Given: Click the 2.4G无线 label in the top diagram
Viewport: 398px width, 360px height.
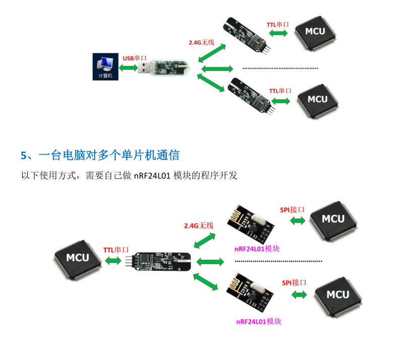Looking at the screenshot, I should tap(202, 42).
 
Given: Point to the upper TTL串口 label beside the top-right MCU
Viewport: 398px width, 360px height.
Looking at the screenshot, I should tap(278, 24).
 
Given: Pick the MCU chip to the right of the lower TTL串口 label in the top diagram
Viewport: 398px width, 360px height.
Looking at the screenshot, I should tap(317, 99).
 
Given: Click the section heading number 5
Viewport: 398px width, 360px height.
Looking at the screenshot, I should tap(23, 155).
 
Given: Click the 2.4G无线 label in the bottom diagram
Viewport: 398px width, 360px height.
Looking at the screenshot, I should tap(199, 225).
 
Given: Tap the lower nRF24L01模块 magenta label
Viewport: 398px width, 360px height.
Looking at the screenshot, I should tap(258, 321).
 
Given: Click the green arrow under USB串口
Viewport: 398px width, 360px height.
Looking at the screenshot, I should tap(129, 67).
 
